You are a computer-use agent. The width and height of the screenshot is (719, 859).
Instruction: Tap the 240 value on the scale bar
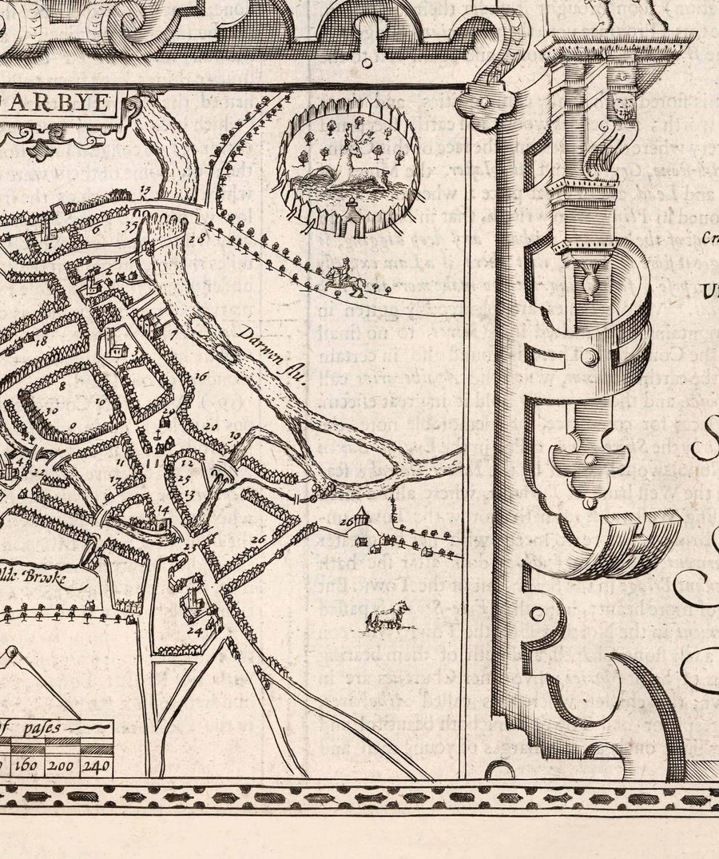[97, 766]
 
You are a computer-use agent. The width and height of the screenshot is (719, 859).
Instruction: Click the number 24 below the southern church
[192, 630]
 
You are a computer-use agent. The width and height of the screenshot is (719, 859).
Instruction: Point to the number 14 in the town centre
[163, 508]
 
